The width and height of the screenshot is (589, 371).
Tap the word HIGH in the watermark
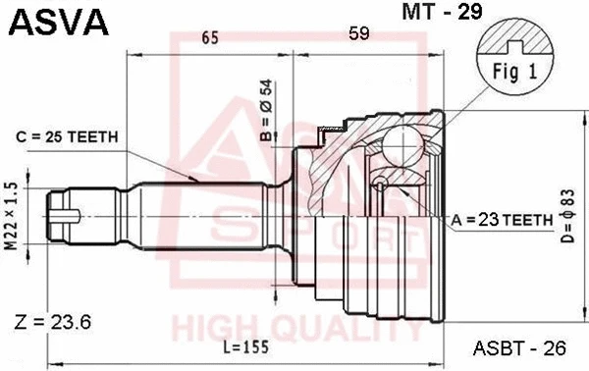coord(209,325)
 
